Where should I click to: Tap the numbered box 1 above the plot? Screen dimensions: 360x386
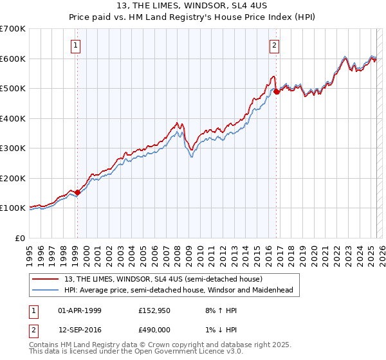pos(77,45)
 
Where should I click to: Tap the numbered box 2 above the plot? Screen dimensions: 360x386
pos(275,45)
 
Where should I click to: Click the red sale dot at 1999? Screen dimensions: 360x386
pos(77,192)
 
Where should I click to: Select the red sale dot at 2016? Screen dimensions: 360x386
pos(277,91)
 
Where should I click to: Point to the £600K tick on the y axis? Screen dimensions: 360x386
pos(13,59)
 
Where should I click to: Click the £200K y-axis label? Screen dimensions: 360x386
pos(13,178)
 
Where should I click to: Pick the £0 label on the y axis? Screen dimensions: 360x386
pos(21,238)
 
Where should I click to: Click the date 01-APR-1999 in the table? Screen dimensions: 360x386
pos(80,310)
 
